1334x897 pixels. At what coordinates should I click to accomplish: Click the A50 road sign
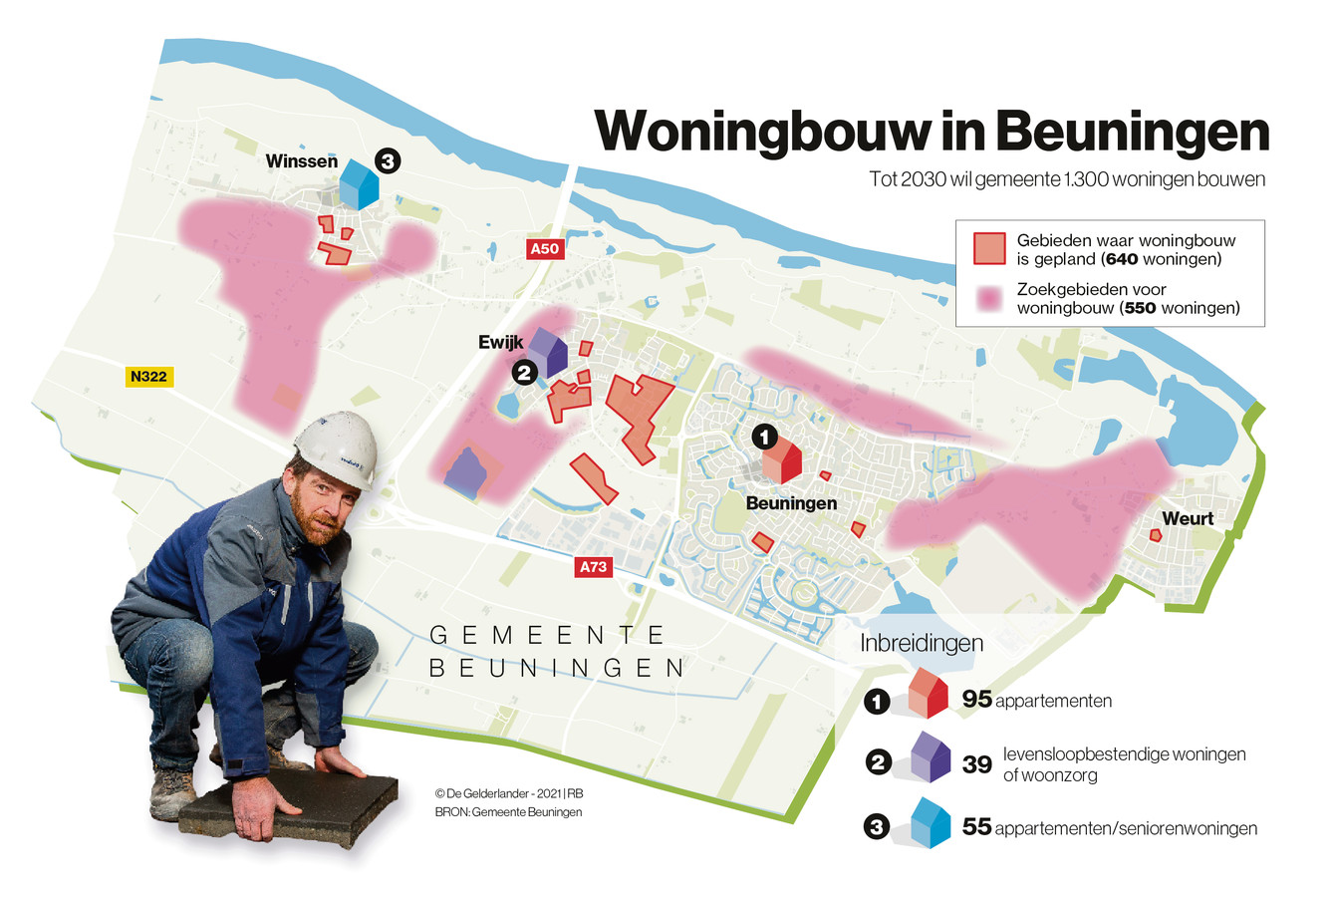[545, 249]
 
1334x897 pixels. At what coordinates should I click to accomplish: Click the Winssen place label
[301, 161]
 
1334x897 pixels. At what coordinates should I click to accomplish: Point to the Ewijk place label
[501, 342]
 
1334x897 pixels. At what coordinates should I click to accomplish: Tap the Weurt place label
[1188, 518]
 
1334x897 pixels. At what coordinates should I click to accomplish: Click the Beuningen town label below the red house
[791, 504]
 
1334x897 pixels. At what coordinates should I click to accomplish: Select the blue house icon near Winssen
[359, 184]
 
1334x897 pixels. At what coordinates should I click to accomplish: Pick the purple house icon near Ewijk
[547, 351]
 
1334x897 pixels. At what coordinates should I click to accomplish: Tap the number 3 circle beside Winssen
[387, 160]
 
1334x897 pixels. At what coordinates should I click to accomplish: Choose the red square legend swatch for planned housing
[989, 248]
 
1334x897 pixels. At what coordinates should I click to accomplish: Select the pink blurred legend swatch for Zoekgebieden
[989, 298]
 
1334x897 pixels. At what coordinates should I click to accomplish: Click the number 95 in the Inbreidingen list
[977, 700]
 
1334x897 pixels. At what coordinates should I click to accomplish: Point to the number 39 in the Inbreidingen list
[977, 763]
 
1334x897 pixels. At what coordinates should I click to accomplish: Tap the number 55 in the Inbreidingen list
[977, 827]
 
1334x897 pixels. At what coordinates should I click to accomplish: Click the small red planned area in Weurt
[1156, 535]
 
